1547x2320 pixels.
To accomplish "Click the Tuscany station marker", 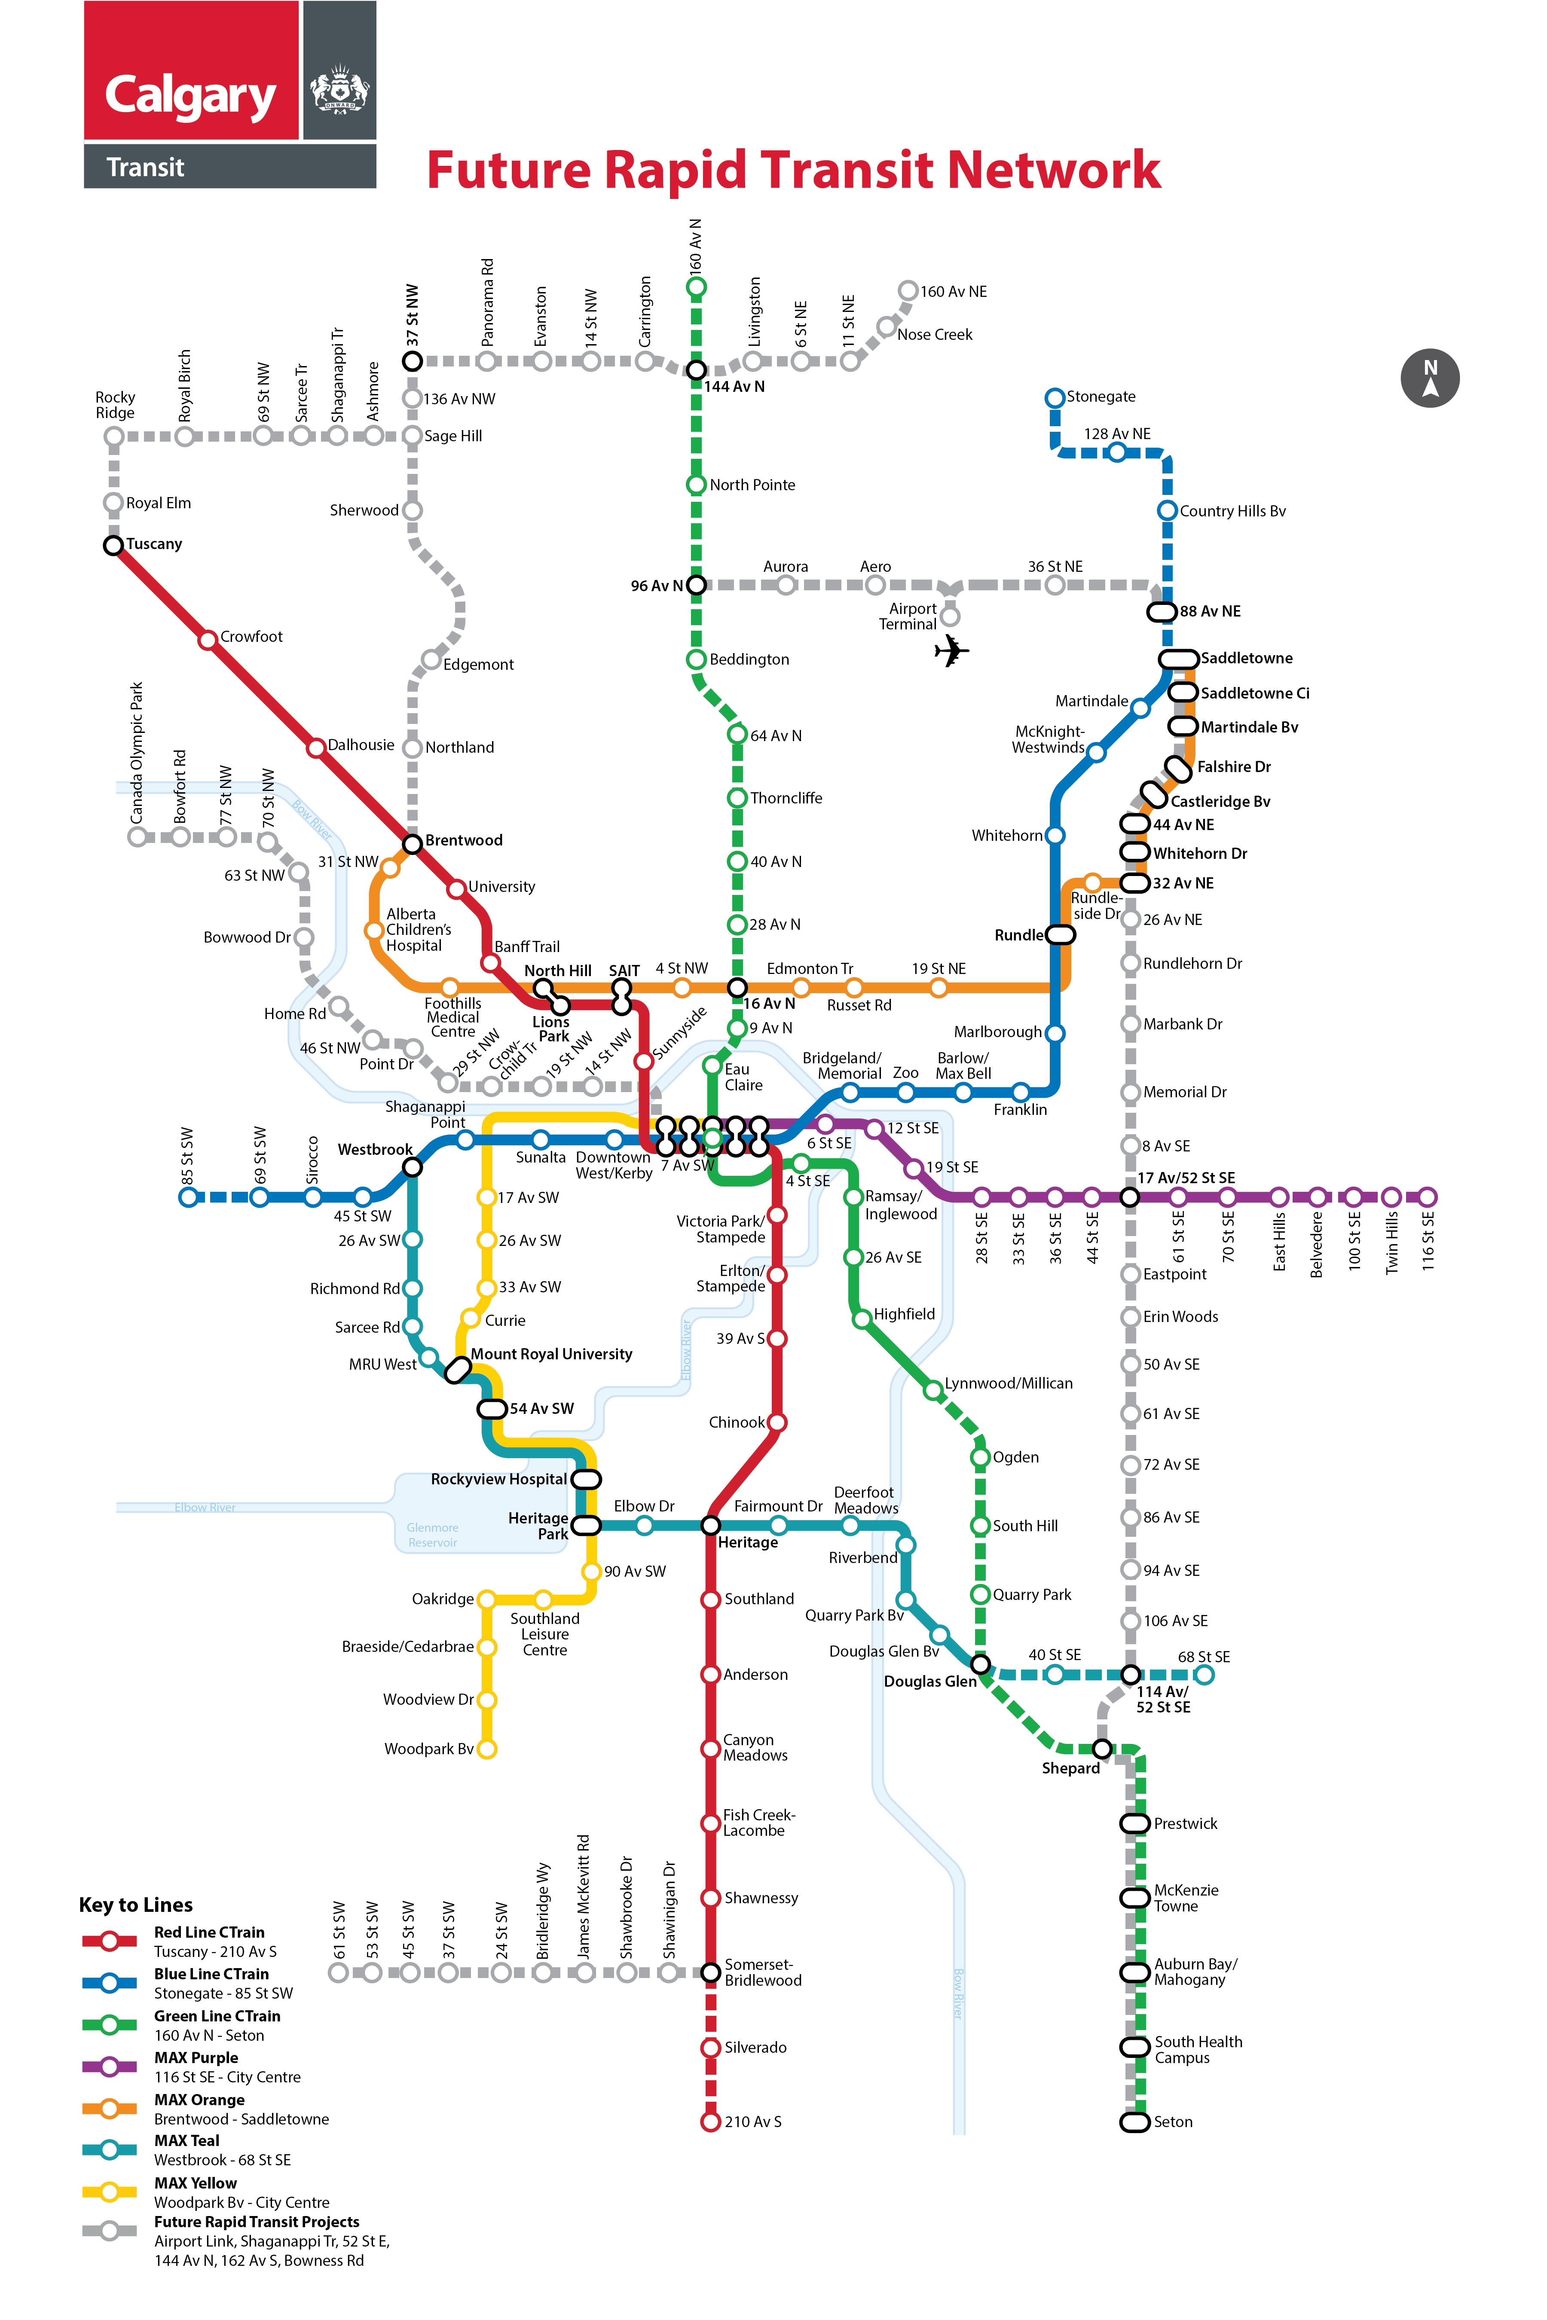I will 113,544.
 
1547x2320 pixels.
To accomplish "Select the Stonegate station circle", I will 1055,397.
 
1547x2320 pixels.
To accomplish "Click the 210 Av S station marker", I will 710,2122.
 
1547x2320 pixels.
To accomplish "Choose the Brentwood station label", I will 464,840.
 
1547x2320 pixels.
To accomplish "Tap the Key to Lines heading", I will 136,1905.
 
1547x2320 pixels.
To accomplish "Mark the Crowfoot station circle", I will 207,640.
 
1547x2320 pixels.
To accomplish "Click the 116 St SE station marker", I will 1428,1197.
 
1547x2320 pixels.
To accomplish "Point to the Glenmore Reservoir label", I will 432,1535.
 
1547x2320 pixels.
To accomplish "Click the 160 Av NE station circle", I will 908,290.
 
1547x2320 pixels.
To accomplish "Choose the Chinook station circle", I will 777,1423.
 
